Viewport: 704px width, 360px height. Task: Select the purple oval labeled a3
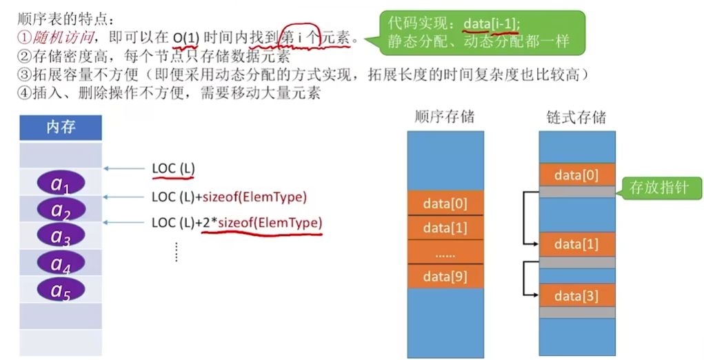61,236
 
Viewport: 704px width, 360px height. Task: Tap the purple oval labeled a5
61,290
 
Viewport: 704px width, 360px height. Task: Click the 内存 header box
61,128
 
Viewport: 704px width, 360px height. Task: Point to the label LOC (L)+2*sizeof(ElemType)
237,223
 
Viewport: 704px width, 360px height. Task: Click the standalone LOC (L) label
173,168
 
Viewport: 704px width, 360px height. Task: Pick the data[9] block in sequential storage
445,277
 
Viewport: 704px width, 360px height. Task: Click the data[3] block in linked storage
576,296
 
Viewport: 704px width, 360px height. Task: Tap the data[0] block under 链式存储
576,174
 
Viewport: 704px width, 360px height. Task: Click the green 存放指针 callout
659,187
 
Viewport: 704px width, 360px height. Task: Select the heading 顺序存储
445,117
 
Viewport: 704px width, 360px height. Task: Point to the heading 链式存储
576,117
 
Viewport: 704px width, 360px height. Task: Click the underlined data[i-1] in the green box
492,24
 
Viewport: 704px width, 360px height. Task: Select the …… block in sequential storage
445,252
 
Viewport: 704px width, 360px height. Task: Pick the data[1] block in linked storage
576,244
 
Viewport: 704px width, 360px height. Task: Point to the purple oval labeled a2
61,210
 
